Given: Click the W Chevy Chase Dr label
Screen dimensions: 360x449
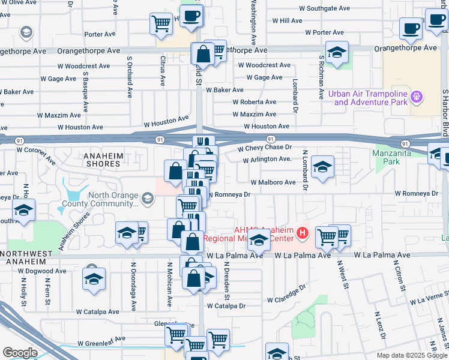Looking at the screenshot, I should pos(264,148).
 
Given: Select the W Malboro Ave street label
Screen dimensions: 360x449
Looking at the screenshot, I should pos(273,182).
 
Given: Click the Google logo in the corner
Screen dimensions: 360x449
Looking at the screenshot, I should pos(20,352).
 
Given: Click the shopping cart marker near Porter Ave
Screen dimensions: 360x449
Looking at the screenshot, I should pos(161,24).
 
